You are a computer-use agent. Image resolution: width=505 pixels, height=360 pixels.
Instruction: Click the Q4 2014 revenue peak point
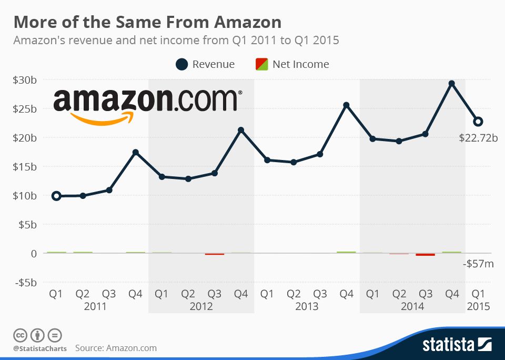coord(451,84)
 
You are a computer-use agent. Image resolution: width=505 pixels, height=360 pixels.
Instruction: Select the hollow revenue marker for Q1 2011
coord(56,196)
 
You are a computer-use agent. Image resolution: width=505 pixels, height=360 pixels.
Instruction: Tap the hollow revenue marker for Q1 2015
coord(478,122)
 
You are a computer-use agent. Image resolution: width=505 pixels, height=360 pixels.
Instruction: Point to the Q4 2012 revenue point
coord(241,130)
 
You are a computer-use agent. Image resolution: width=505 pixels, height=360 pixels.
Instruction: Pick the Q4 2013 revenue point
coord(346,105)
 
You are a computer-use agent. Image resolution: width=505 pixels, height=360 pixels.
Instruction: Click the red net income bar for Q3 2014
coord(425,255)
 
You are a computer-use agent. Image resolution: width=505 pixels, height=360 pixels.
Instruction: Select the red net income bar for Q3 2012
coord(215,254)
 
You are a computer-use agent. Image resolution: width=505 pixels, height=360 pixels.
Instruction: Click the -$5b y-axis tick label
coord(26,282)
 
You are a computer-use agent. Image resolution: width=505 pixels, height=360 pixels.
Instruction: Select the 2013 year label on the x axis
coord(307,306)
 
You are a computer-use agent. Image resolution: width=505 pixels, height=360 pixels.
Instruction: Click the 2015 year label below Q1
coord(478,306)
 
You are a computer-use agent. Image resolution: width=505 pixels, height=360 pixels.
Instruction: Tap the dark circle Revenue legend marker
coord(181,64)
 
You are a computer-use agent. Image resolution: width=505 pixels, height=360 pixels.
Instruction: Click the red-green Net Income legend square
coord(261,64)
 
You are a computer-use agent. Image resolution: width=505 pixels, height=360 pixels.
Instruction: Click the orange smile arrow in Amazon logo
coord(100,118)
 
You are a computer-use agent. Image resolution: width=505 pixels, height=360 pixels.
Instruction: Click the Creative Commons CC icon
coord(21,335)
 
